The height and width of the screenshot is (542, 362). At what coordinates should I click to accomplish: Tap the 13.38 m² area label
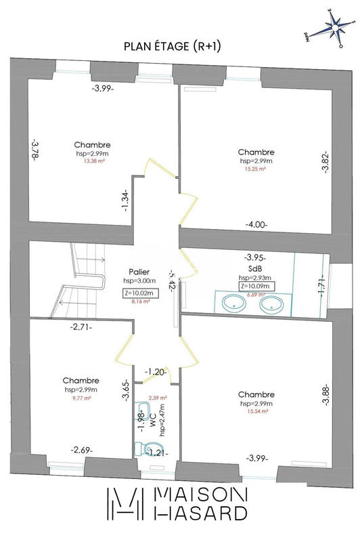(92, 162)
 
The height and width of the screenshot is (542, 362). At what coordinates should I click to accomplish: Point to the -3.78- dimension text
(35, 148)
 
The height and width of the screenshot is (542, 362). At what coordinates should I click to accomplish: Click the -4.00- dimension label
(256, 224)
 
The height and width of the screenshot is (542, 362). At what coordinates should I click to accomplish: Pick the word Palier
(139, 271)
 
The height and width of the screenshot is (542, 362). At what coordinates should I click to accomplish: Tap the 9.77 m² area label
(81, 399)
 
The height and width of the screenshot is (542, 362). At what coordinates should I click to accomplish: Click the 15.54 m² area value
(256, 411)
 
